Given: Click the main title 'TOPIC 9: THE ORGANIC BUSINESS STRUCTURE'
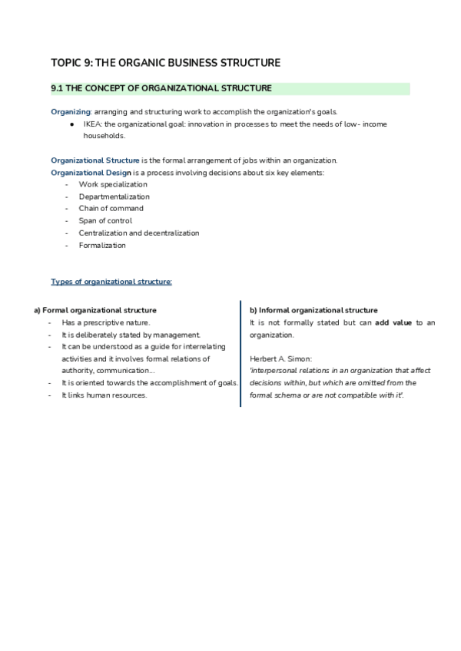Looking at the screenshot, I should (165, 62).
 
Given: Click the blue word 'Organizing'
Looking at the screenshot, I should (71, 111).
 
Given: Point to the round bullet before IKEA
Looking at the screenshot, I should (71, 123).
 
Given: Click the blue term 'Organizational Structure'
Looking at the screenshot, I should (95, 160).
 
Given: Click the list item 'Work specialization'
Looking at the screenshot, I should (112, 184).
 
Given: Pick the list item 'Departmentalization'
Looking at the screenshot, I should (114, 197).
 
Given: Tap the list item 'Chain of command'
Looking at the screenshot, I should (111, 209).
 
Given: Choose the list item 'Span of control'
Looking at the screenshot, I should (105, 221).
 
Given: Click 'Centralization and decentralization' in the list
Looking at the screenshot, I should (138, 233).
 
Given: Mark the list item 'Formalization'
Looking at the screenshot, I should (101, 246).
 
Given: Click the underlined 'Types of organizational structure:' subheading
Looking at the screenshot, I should (111, 282).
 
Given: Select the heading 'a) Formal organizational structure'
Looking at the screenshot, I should (95, 310).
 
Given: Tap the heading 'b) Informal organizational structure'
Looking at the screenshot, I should (313, 310).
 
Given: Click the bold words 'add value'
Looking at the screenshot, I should (393, 322).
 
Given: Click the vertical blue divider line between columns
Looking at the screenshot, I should (240, 353).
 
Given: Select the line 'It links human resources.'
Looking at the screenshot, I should (104, 395).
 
